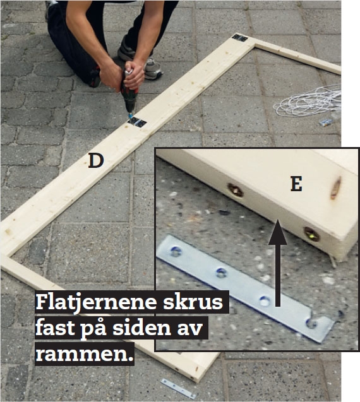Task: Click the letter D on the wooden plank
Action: pyautogui.click(x=96, y=161)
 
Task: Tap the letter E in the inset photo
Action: pyautogui.click(x=296, y=184)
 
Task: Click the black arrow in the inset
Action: pyautogui.click(x=278, y=263)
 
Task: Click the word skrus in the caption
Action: pyautogui.click(x=193, y=302)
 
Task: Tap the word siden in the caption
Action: pyautogui.click(x=142, y=328)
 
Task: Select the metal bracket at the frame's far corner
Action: pyautogui.click(x=239, y=38)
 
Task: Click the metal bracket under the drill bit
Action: pyautogui.click(x=137, y=122)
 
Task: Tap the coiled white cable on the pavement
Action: pyautogui.click(x=308, y=101)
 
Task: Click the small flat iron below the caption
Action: pyautogui.click(x=178, y=388)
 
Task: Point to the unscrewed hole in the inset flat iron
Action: pyautogui.click(x=265, y=301)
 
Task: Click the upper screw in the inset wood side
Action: pyautogui.click(x=235, y=190)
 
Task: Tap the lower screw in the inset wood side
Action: pyautogui.click(x=311, y=234)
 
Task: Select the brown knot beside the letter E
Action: pyautogui.click(x=335, y=188)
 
